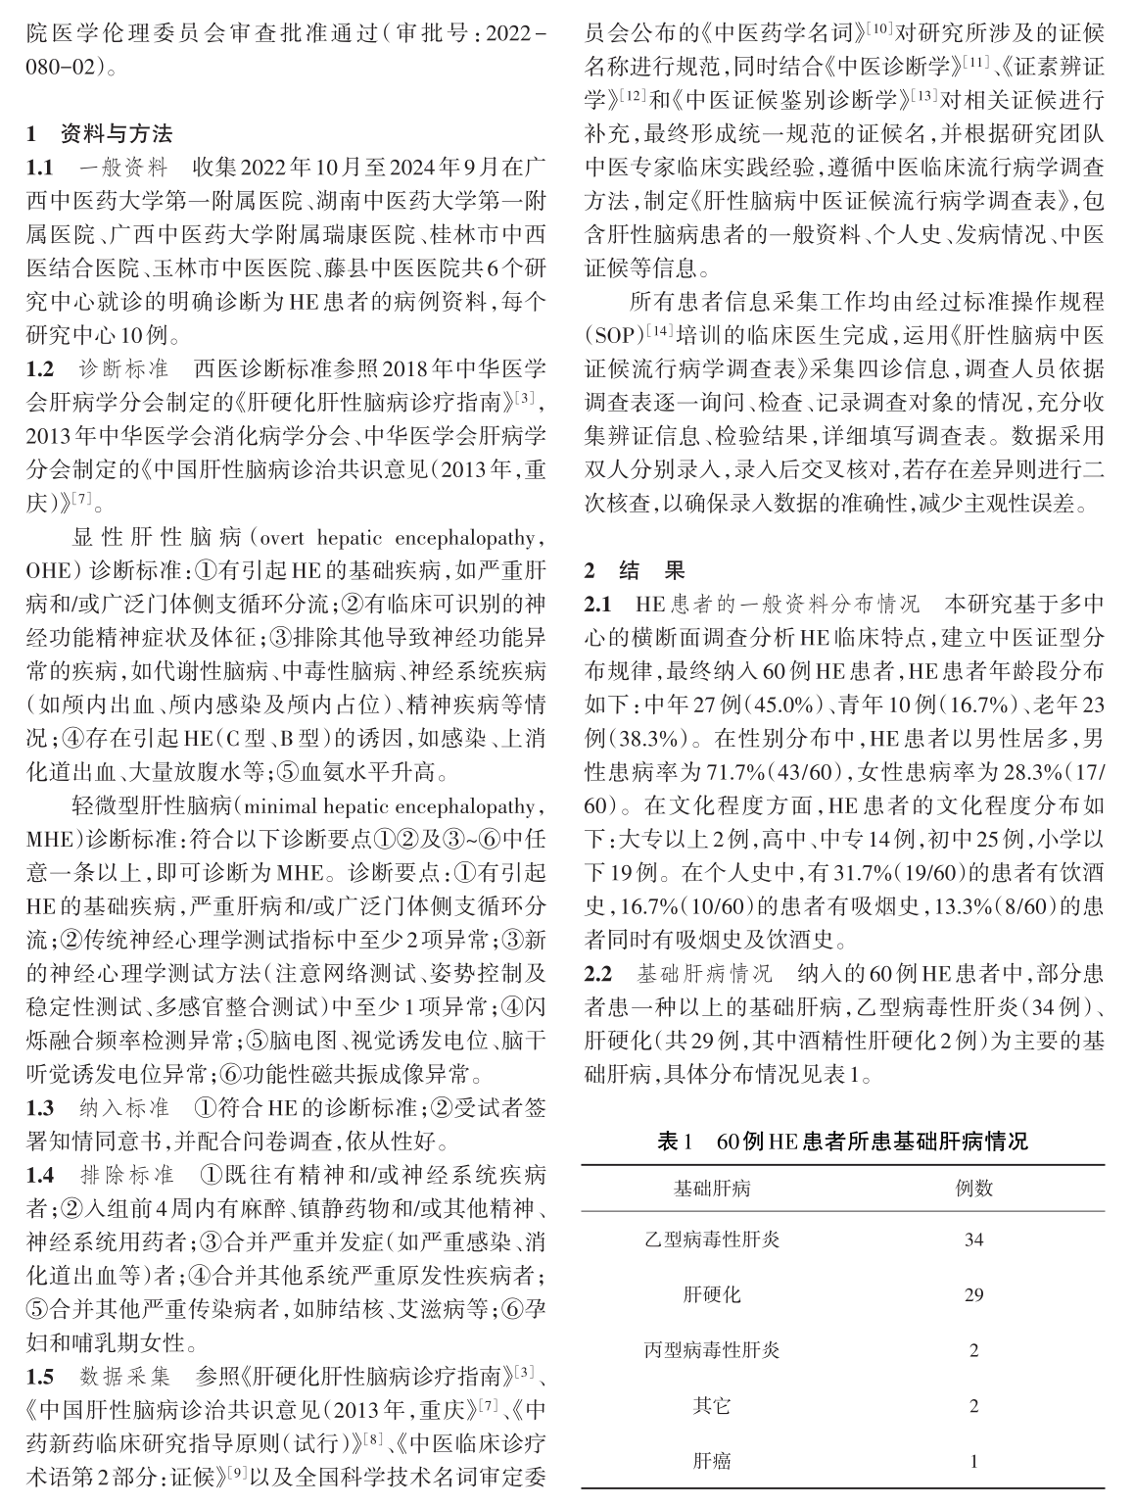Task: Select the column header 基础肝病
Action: (x=712, y=1188)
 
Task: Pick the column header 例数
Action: (x=973, y=1188)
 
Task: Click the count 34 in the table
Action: (x=973, y=1240)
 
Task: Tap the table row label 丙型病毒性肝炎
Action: (x=712, y=1350)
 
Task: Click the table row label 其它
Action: (x=712, y=1406)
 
